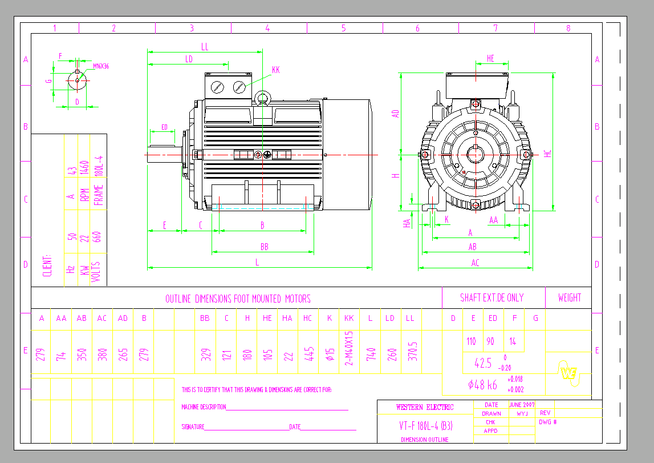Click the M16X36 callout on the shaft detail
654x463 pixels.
coord(101,66)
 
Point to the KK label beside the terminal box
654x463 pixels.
coord(276,70)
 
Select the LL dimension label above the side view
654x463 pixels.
coord(205,47)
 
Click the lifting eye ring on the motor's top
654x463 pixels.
coord(262,99)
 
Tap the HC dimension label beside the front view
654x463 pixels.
coord(548,154)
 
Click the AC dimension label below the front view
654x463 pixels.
coord(476,263)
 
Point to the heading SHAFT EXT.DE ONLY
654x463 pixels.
coord(491,297)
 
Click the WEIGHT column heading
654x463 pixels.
coord(570,297)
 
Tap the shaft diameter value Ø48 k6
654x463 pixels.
coord(482,385)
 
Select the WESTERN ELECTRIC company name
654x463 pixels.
coord(425,407)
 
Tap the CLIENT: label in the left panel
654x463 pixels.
coord(47,265)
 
